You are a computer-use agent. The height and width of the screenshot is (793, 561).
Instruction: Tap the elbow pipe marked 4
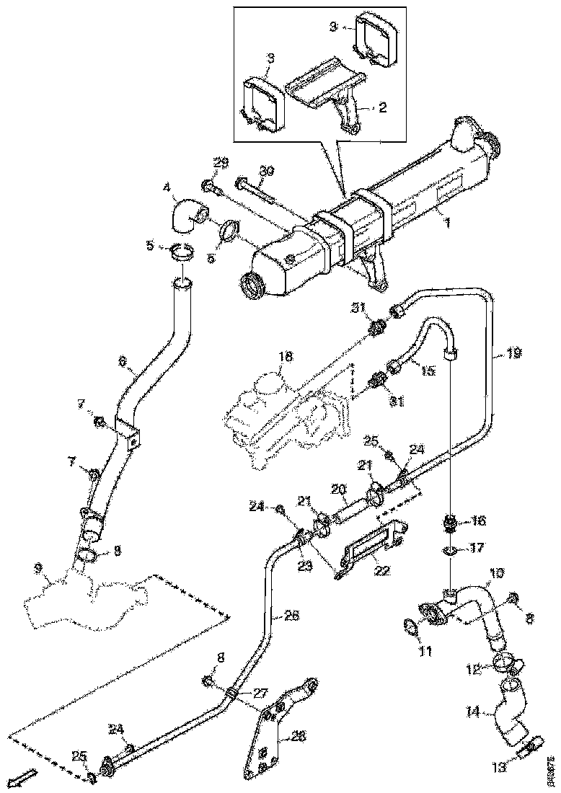tap(188, 216)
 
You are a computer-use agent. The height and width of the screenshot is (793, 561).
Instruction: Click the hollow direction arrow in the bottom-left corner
tap(23, 778)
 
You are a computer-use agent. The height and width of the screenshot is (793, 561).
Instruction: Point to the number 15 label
tap(428, 371)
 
